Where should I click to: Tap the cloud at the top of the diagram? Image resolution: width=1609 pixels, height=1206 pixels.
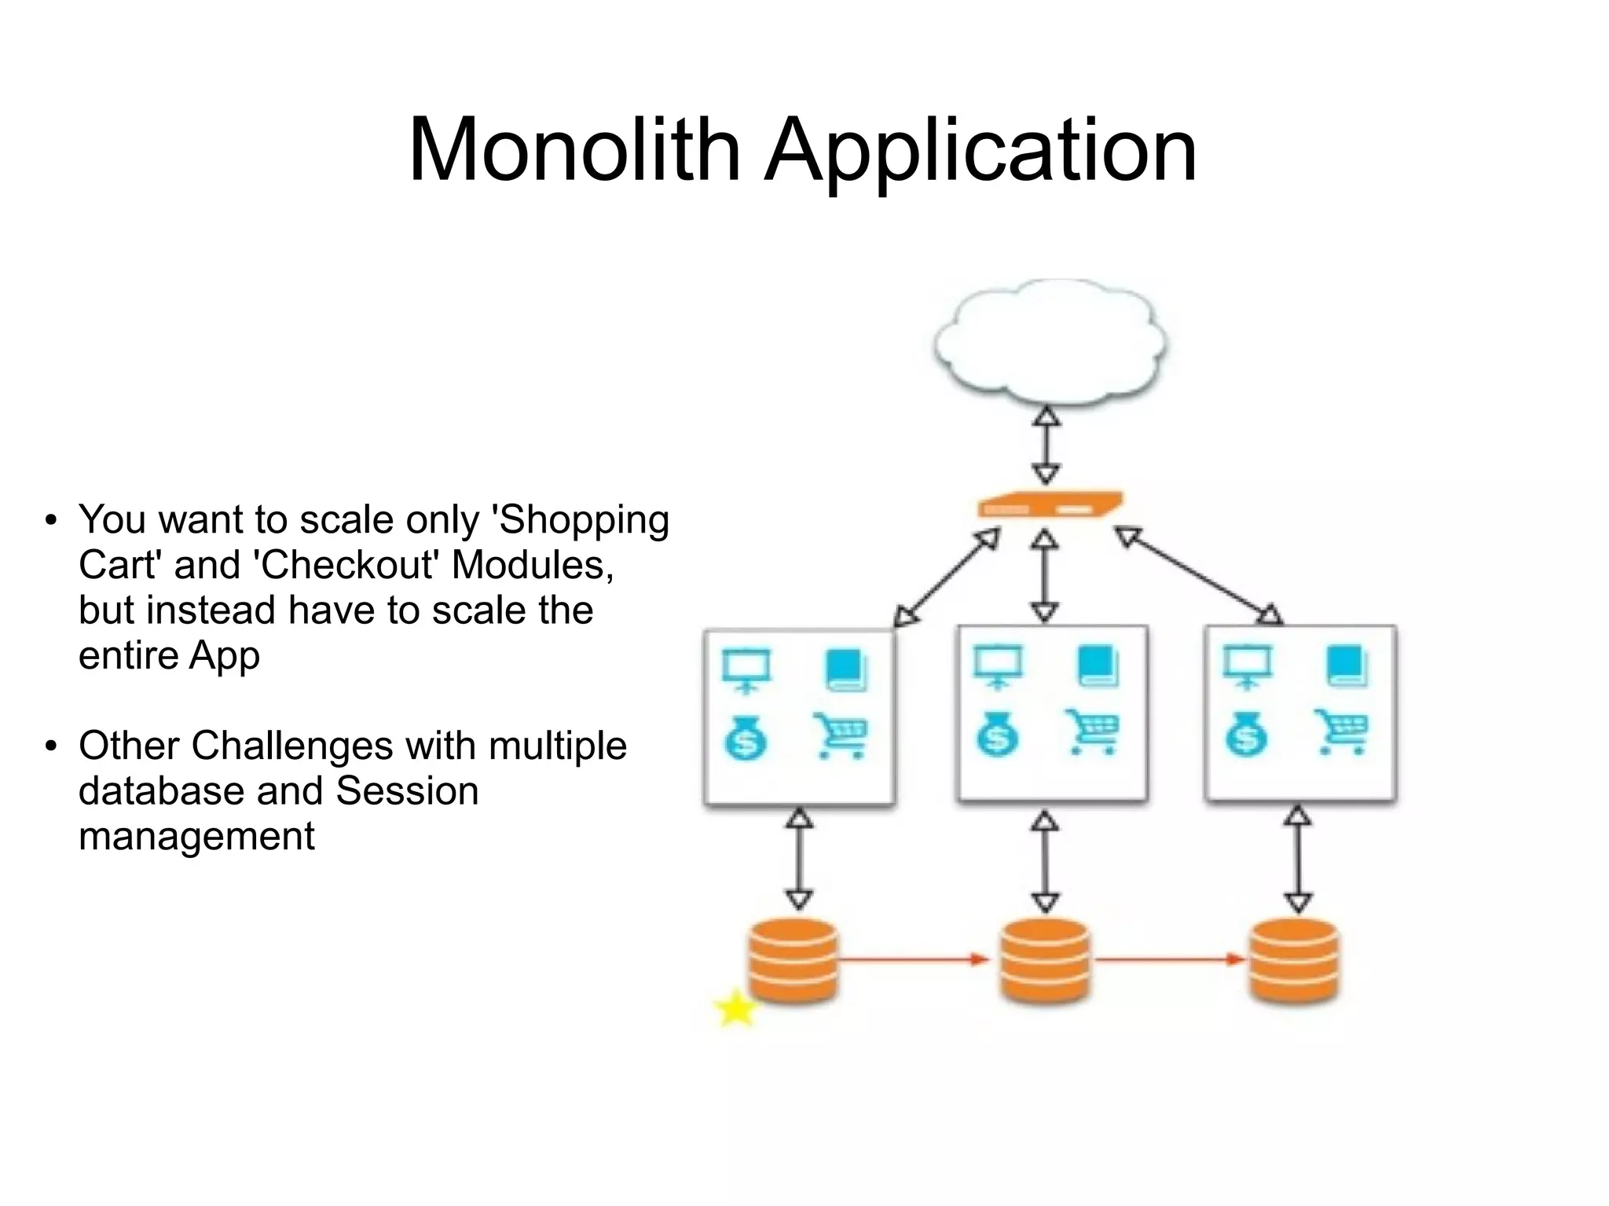pyautogui.click(x=1050, y=343)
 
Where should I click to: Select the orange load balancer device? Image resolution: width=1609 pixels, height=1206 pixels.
pyautogui.click(x=1049, y=505)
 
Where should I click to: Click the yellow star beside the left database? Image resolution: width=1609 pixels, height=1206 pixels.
pyautogui.click(x=736, y=1009)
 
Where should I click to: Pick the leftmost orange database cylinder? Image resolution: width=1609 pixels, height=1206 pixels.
pyautogui.click(x=794, y=960)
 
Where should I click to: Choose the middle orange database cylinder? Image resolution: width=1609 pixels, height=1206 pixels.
pyautogui.click(x=1045, y=960)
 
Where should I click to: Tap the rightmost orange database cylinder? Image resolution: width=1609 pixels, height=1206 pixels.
pyautogui.click(x=1294, y=960)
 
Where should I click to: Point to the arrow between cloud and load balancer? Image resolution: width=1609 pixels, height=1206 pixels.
pyautogui.click(x=1046, y=445)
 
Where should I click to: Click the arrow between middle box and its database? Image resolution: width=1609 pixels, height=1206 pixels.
pyautogui.click(x=1045, y=862)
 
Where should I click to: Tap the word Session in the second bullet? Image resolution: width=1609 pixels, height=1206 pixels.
pyautogui.click(x=407, y=791)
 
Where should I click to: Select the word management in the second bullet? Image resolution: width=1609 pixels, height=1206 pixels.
pyautogui.click(x=196, y=836)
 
